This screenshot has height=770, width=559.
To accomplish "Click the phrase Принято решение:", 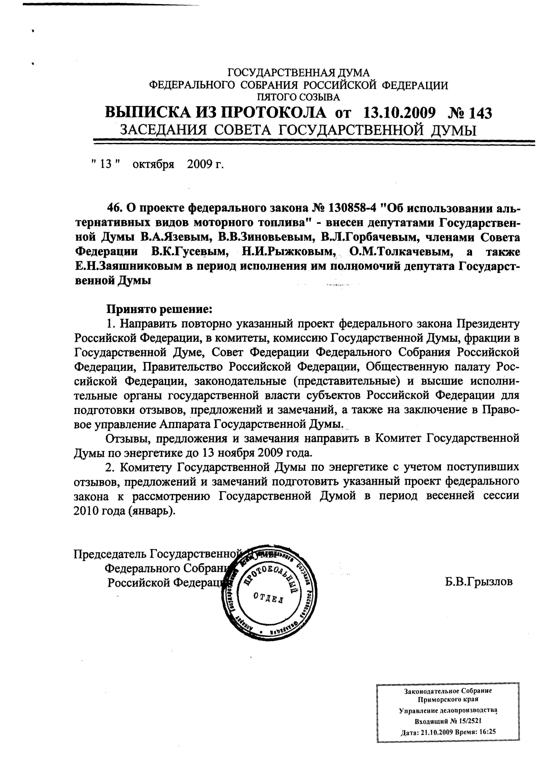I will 159,309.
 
